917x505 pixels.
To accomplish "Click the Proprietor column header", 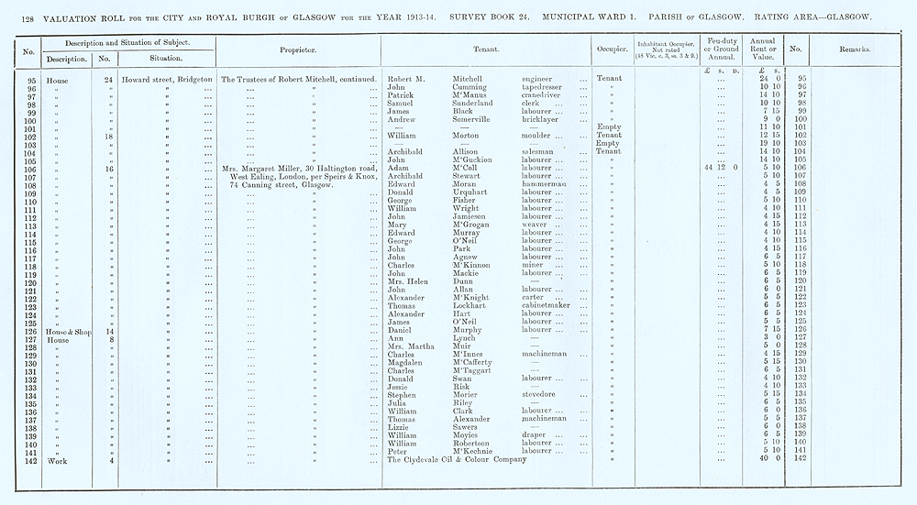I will pos(298,50).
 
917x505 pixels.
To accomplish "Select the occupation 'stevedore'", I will pos(540,395).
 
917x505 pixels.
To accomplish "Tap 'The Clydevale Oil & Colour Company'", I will pos(457,459).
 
